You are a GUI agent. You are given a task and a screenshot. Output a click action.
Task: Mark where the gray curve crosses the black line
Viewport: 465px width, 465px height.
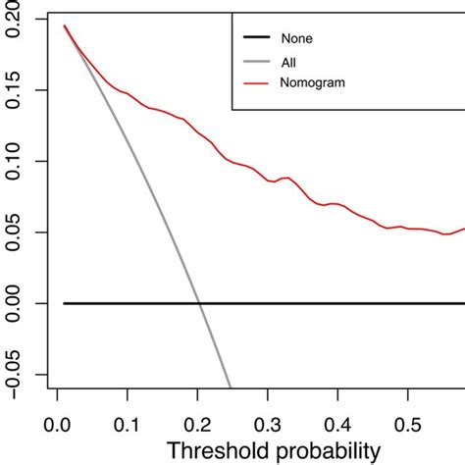(x=200, y=303)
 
